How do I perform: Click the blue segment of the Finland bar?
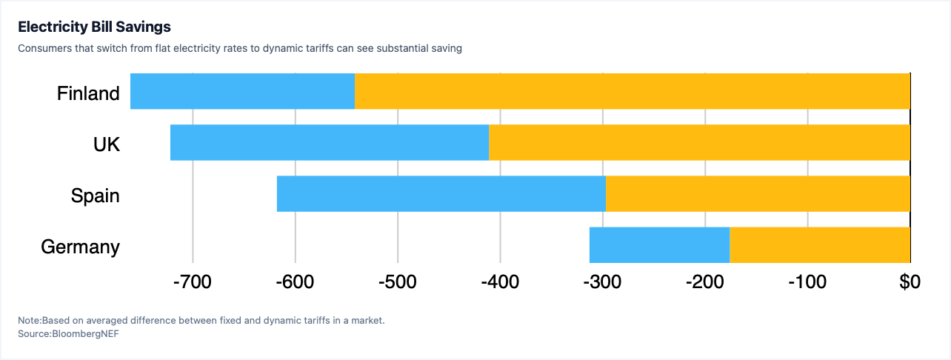tap(242, 91)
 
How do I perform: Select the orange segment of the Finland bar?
tap(633, 91)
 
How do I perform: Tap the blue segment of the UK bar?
tap(330, 143)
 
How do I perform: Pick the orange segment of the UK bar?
tap(700, 143)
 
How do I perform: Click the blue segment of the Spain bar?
tap(441, 193)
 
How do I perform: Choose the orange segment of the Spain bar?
tap(758, 193)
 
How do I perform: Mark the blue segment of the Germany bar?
tap(660, 245)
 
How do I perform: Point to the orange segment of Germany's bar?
tap(820, 245)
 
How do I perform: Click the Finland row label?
tap(88, 93)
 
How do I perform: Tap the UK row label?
tap(107, 144)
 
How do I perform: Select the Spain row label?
tap(95, 196)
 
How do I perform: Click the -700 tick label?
tap(193, 282)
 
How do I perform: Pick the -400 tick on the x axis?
tap(500, 282)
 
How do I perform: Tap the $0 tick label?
tap(910, 282)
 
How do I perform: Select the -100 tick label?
tap(807, 282)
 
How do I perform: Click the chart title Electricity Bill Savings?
tap(94, 27)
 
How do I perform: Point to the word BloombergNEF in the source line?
tap(85, 333)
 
